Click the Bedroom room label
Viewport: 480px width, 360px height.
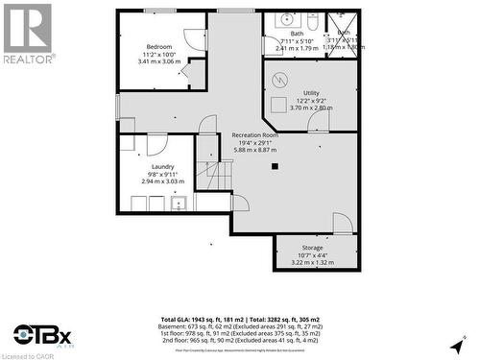pyautogui.click(x=159, y=47)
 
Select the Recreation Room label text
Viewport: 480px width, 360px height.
pyautogui.click(x=254, y=135)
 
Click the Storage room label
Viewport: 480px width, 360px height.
pyautogui.click(x=312, y=248)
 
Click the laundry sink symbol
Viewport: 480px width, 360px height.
pyautogui.click(x=178, y=203)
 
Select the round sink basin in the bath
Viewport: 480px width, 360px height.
pyautogui.click(x=286, y=19)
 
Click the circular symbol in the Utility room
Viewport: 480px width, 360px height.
pyautogui.click(x=281, y=79)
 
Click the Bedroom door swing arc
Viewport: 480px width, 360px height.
pyautogui.click(x=194, y=39)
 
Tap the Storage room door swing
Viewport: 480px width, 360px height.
pyautogui.click(x=343, y=223)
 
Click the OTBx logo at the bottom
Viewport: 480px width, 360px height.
pyautogui.click(x=43, y=335)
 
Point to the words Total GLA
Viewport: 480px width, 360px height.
pyautogui.click(x=179, y=318)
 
